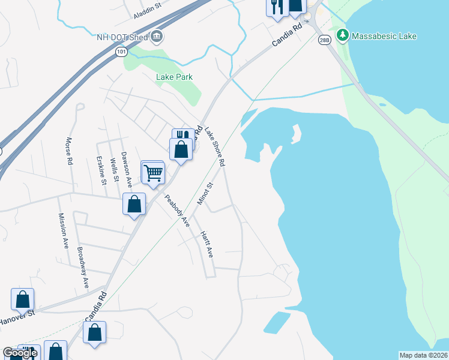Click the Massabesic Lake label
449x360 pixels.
(384, 37)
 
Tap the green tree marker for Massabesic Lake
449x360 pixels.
(342, 35)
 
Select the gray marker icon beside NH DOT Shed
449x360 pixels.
(157, 37)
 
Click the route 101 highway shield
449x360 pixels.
(122, 52)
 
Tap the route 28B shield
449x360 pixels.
(325, 40)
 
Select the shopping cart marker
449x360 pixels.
(153, 173)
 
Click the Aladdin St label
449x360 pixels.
(148, 11)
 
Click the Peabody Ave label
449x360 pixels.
(177, 210)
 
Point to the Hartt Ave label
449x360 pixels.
(207, 245)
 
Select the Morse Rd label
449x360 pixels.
(70, 154)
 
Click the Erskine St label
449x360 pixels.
(102, 170)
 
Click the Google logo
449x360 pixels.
(19, 353)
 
